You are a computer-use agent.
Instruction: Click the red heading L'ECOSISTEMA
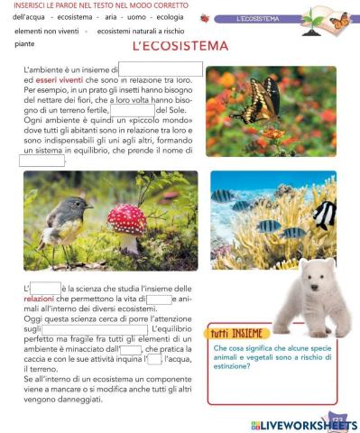[x=180, y=46]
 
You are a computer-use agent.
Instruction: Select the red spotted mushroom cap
[x=128, y=217]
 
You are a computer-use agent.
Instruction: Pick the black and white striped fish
[x=325, y=213]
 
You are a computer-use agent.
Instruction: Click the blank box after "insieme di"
[x=160, y=69]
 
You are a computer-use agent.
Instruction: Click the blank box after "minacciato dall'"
[x=131, y=350]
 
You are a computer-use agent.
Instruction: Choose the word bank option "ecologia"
[x=176, y=17]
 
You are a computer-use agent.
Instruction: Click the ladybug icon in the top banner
[x=205, y=18]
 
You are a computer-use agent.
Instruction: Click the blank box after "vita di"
[x=159, y=299]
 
